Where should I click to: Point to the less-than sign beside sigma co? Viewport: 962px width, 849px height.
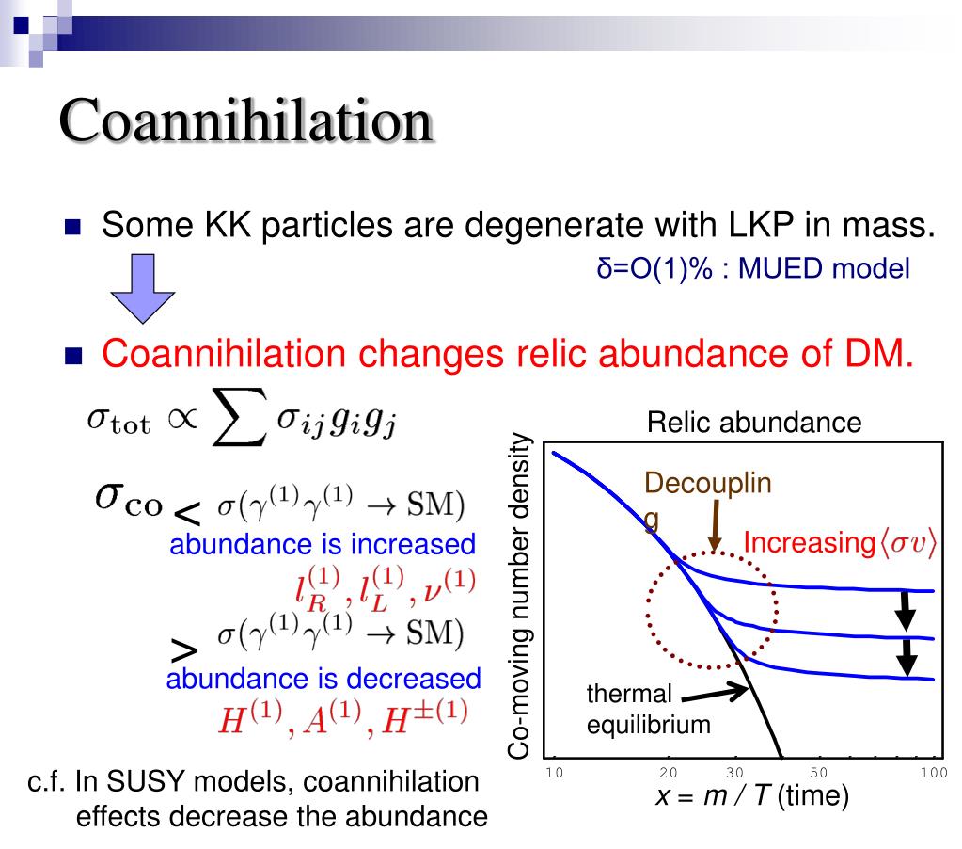click(188, 513)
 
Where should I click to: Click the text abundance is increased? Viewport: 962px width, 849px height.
click(322, 544)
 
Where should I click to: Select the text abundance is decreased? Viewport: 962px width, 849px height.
click(323, 679)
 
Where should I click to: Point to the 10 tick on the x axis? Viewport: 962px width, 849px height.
click(554, 774)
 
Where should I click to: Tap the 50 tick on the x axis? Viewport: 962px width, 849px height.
click(818, 774)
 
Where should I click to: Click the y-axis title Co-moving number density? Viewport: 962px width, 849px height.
click(521, 598)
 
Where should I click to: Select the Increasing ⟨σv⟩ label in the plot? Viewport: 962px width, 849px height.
click(839, 544)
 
